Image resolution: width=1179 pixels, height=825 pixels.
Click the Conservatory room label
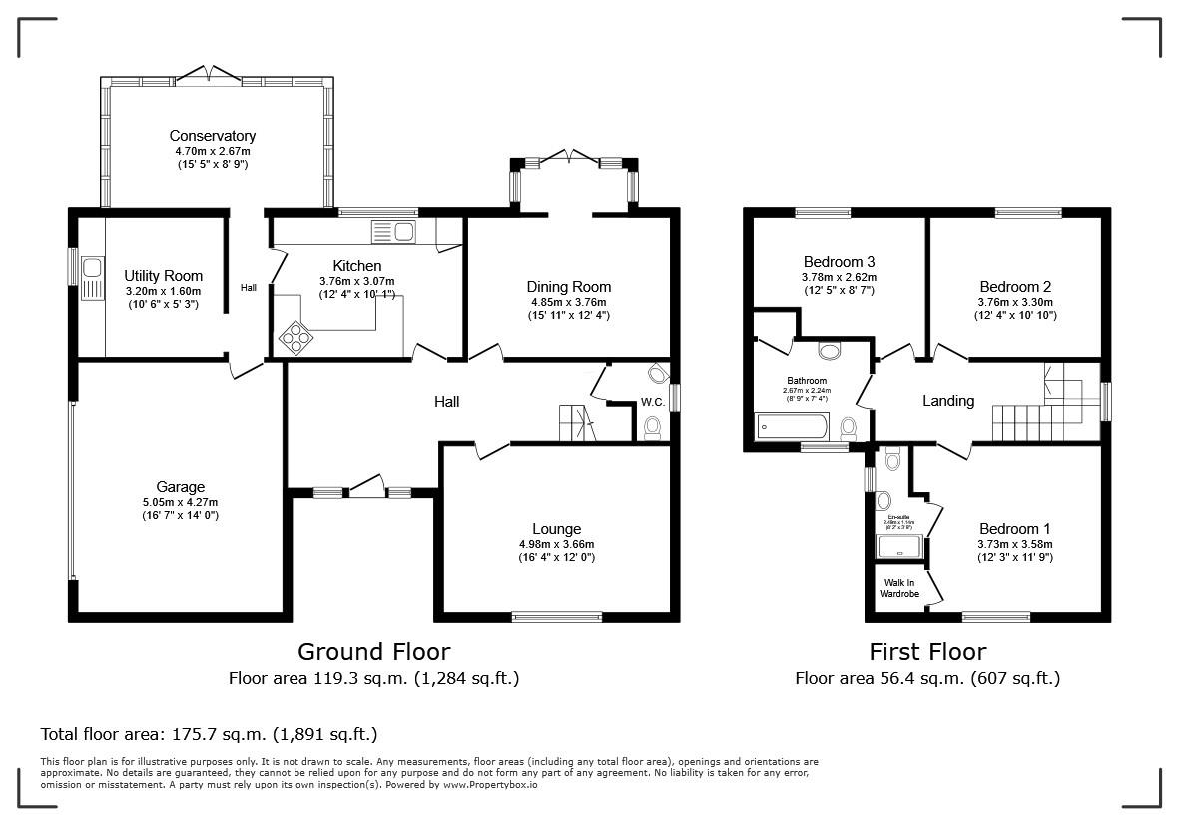212,136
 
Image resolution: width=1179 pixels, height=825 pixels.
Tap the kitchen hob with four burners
295,338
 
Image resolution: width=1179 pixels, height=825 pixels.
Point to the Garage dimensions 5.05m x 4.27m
180,502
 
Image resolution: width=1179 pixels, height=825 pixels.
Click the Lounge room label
556,529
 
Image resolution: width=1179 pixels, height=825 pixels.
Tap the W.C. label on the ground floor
653,402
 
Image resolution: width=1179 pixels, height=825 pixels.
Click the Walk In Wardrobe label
898,589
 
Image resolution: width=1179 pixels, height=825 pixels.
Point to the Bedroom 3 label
839,262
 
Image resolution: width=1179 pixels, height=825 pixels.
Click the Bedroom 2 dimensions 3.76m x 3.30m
1015,302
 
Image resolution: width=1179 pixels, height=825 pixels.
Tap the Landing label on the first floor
947,401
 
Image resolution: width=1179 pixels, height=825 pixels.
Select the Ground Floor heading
373,652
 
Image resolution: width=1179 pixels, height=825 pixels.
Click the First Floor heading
926,652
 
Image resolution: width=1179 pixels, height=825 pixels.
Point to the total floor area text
209,734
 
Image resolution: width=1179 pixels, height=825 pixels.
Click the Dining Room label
569,287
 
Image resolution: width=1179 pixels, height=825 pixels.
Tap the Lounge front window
557,616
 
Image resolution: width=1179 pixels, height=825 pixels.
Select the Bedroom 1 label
1015,529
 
